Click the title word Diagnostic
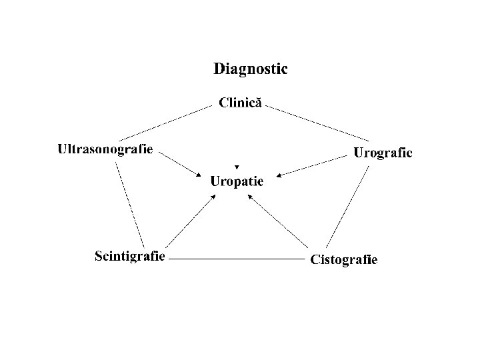pyautogui.click(x=250, y=69)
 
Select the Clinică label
pyautogui.click(x=241, y=103)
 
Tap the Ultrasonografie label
pyautogui.click(x=105, y=149)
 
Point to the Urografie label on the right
pyautogui.click(x=383, y=153)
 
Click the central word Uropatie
pyautogui.click(x=237, y=181)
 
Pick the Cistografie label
pyautogui.click(x=344, y=259)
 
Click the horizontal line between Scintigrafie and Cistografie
pyautogui.click(x=237, y=257)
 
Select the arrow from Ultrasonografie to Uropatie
pyautogui.click(x=180, y=164)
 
